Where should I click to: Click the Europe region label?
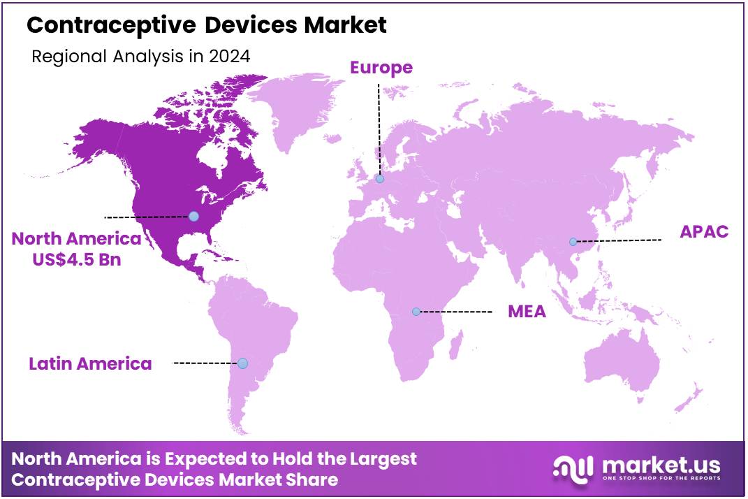click(x=381, y=68)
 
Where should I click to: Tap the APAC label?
click(x=703, y=232)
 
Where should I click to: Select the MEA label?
click(x=526, y=311)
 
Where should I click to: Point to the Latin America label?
click(x=90, y=363)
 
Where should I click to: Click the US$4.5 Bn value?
click(x=78, y=259)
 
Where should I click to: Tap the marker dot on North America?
click(x=193, y=217)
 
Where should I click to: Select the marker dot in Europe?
click(x=379, y=179)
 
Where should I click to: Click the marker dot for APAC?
click(x=573, y=242)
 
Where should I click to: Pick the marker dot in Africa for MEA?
click(x=416, y=312)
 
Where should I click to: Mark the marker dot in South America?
click(x=242, y=363)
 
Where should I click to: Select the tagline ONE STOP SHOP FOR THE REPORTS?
click(x=660, y=479)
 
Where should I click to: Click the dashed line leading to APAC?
click(x=618, y=241)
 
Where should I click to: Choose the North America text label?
click(x=76, y=239)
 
